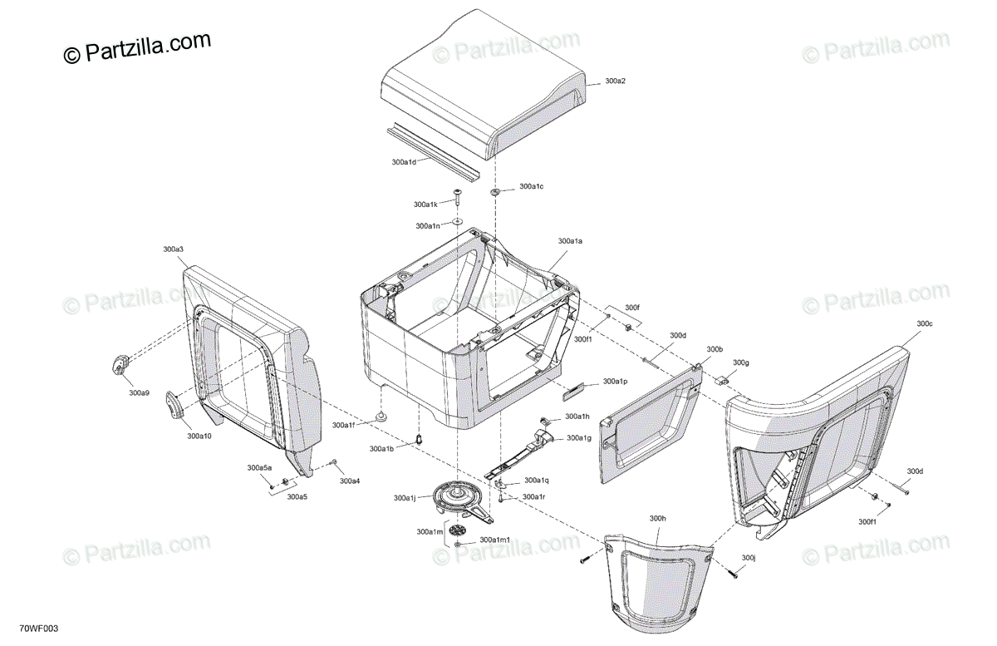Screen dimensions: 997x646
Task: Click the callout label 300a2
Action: (615, 81)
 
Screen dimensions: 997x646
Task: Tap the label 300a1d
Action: (404, 161)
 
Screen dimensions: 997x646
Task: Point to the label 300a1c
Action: (531, 186)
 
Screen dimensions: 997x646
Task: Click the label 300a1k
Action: (425, 204)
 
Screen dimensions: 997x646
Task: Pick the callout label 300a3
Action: (173, 249)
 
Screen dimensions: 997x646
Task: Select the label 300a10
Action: (199, 436)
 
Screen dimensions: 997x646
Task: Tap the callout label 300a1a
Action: (570, 240)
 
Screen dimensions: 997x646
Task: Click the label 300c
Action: (925, 323)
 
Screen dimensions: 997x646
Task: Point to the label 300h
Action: (658, 518)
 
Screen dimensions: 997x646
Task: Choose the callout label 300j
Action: (749, 557)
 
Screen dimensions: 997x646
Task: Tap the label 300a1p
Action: (615, 381)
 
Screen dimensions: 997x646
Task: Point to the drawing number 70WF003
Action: (38, 629)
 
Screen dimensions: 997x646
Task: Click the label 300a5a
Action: (259, 468)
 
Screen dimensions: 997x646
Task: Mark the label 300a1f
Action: (343, 425)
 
